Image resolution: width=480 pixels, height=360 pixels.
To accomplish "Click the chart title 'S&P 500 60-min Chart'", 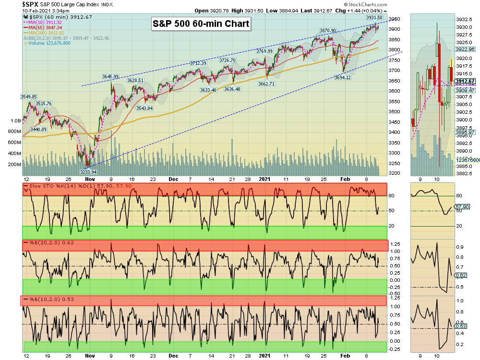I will pos(201,24).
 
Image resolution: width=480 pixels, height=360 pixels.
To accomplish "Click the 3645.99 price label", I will pos(110,76).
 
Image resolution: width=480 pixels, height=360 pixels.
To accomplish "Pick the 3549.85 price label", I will pos(29,96).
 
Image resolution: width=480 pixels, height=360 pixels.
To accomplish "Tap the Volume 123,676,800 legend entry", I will pos(47,43).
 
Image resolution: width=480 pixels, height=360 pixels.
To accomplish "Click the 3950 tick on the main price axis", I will pos(394,19).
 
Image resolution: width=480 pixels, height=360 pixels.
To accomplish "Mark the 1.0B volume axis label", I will pos(15,121).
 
